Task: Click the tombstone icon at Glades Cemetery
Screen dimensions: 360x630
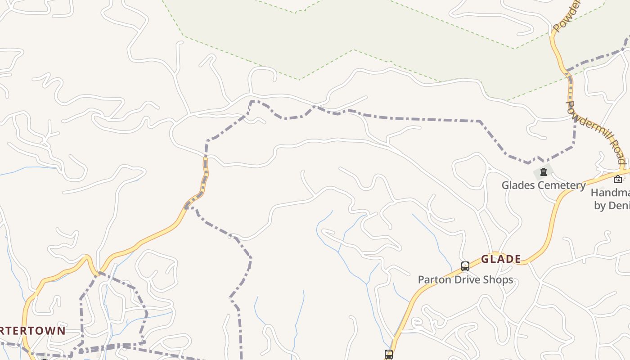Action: click(543, 171)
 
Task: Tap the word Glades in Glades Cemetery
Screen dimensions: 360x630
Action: click(516, 185)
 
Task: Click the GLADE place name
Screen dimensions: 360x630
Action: click(501, 259)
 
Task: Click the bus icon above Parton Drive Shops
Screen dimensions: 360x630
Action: click(465, 266)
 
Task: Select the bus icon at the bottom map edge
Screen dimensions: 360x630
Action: click(388, 354)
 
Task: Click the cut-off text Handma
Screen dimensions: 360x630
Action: click(610, 193)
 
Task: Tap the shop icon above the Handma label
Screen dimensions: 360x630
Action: click(618, 179)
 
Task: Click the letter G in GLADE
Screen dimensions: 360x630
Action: click(485, 259)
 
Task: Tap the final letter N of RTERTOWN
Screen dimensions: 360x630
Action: click(62, 331)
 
